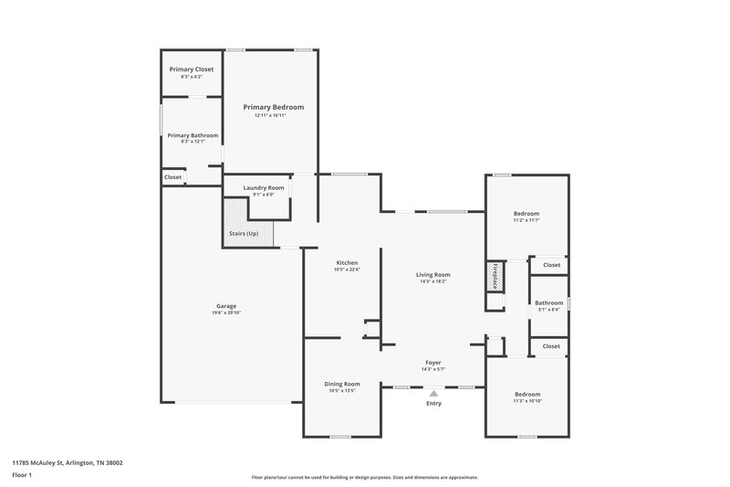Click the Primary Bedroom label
tap(273, 107)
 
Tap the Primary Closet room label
tap(193, 69)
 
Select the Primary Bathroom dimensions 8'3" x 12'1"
tap(193, 142)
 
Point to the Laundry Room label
tap(264, 187)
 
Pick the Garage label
tap(226, 305)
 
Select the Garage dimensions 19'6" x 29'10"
tap(226, 312)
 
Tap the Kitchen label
tap(346, 262)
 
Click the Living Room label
tap(433, 274)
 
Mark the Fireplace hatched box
tap(495, 277)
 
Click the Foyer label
tap(433, 362)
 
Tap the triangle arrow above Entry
tap(433, 393)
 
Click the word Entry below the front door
tap(433, 403)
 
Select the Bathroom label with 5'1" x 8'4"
tap(548, 302)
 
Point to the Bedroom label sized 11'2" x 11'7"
tap(527, 213)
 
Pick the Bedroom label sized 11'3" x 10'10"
tap(527, 394)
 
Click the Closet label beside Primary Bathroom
tap(172, 176)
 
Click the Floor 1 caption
tap(23, 476)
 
